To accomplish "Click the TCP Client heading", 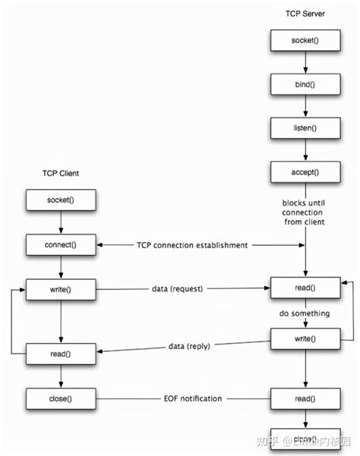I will (61, 174).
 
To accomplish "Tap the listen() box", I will (305, 127).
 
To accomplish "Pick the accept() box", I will (305, 171).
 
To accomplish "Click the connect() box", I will (61, 245).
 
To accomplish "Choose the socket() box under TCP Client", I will (61, 200).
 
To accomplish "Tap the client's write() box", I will (61, 289).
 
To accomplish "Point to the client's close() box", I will (61, 398).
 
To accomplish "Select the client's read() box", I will (61, 354).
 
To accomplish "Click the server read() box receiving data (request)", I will (305, 289).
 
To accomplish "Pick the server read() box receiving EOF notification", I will (305, 398).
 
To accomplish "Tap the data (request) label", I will (183, 289).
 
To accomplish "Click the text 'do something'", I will (305, 313).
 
